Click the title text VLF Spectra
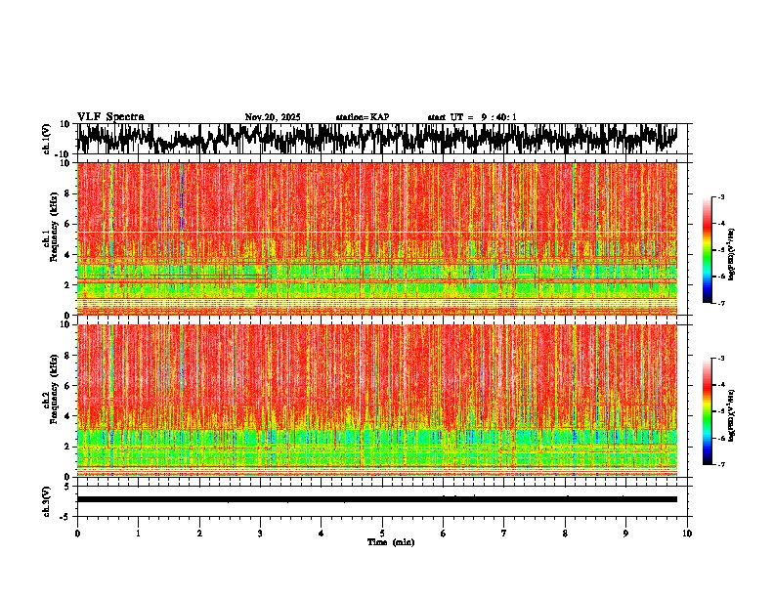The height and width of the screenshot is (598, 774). point(110,116)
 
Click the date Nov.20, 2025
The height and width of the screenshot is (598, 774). point(273,117)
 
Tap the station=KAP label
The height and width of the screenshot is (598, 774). point(363,117)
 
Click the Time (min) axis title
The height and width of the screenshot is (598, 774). point(390,541)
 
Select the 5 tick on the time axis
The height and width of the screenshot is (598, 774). point(382,533)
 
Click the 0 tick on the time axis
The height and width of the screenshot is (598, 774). point(77,533)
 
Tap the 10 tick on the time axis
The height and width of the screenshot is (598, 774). point(687,533)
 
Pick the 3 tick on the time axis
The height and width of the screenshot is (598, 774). point(260,533)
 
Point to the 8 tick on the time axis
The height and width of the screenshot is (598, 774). point(565,533)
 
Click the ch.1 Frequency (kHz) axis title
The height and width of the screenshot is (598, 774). point(50,238)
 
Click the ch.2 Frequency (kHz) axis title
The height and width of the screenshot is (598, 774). point(50,400)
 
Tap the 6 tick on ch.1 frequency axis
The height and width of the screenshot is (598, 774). point(67,224)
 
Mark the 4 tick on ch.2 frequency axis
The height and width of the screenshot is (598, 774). point(67,415)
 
